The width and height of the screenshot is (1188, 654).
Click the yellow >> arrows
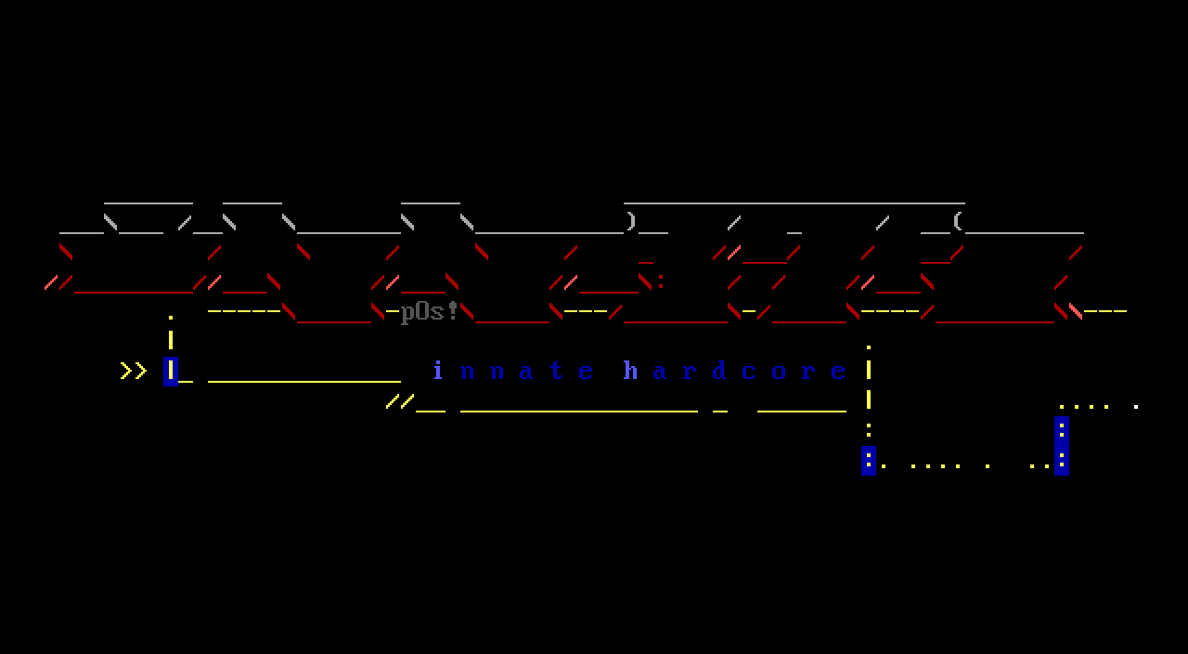tap(134, 371)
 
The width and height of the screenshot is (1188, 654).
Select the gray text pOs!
tap(430, 311)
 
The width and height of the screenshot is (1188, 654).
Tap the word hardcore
tap(734, 371)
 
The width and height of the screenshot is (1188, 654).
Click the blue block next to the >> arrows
tap(171, 371)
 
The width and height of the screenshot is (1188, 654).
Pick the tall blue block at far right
tap(1062, 445)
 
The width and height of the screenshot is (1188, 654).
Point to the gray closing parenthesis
tap(631, 222)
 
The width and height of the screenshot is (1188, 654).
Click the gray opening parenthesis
tap(958, 222)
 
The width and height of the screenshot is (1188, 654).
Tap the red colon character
tap(661, 281)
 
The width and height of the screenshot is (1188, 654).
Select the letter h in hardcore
tap(631, 371)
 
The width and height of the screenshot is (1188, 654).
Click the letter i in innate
tap(438, 371)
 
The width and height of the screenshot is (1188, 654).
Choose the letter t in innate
tap(557, 371)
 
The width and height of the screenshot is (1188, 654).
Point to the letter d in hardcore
tap(720, 371)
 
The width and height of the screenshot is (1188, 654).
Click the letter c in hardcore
tap(750, 371)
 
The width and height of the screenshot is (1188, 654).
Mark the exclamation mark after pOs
tap(453, 310)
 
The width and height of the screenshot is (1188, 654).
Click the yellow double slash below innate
tap(400, 401)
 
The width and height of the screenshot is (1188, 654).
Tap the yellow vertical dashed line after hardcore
tap(869, 386)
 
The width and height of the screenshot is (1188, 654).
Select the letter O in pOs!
tap(423, 311)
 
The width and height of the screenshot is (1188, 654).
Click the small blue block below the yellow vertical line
tap(869, 460)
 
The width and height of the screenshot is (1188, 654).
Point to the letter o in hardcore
tap(780, 372)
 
